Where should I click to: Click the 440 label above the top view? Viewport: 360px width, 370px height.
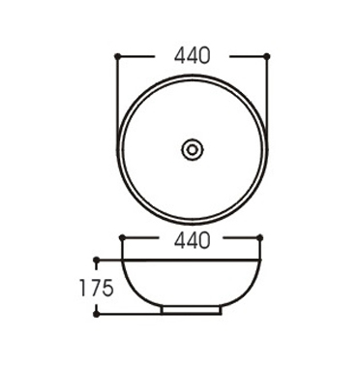pos(193,56)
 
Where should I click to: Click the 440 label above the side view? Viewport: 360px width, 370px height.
pos(193,240)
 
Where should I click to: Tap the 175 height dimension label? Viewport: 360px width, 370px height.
pos(97,288)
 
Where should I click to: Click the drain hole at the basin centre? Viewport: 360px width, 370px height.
pos(193,149)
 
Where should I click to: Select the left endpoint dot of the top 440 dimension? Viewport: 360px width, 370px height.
pos(117,56)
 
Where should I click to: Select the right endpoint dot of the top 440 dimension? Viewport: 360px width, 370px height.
pos(267,56)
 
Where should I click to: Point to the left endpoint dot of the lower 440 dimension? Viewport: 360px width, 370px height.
pos(122,238)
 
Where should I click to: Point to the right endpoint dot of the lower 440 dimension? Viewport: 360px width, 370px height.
pos(260,238)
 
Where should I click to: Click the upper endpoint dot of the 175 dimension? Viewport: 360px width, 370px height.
pos(96,260)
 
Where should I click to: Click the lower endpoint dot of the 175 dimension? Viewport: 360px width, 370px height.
pos(96,314)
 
